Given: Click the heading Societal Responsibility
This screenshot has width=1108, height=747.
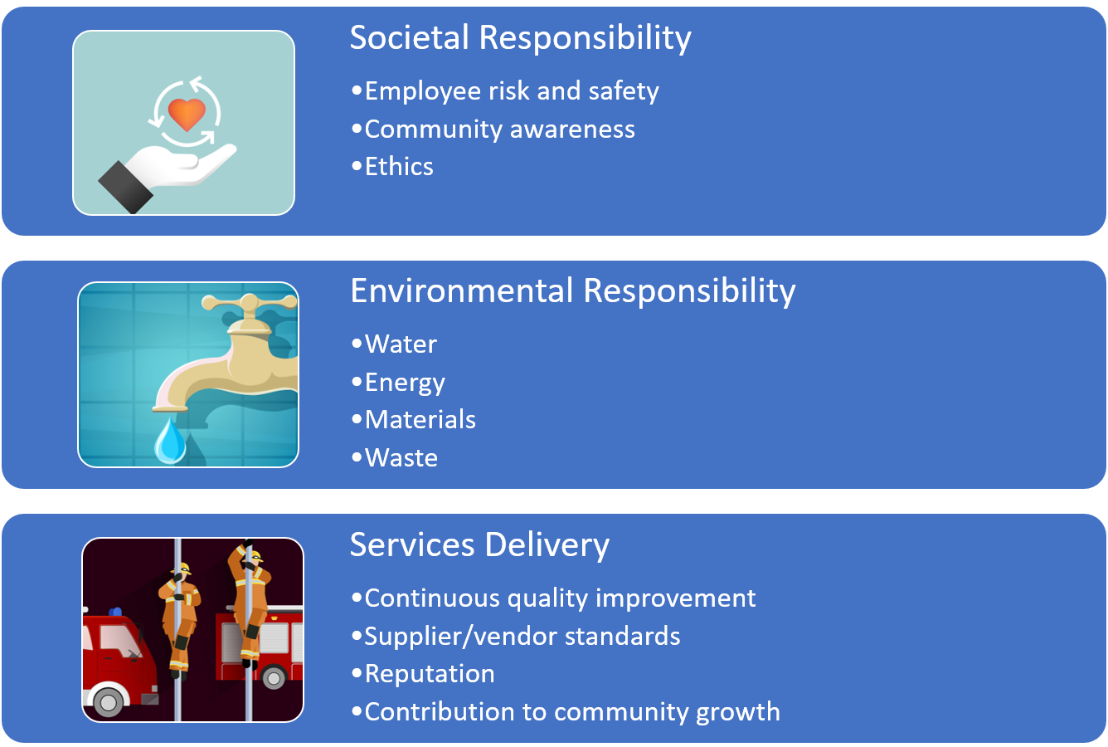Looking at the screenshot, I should (x=520, y=38).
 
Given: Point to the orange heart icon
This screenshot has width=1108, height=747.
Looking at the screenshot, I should (x=187, y=113).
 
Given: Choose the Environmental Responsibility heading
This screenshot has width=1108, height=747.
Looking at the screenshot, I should (x=572, y=291).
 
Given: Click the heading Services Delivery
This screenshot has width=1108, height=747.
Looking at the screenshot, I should (x=479, y=544).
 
